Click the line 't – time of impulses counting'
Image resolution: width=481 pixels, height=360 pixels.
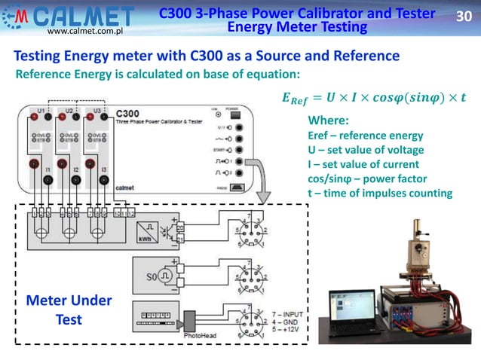coord(380,193)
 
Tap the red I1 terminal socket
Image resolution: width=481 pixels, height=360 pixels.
coord(34,163)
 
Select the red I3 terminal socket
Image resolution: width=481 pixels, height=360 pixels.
coord(97,163)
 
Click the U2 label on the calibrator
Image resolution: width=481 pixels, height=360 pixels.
coord(69,111)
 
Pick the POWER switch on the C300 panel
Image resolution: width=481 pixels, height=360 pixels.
coord(237,115)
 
